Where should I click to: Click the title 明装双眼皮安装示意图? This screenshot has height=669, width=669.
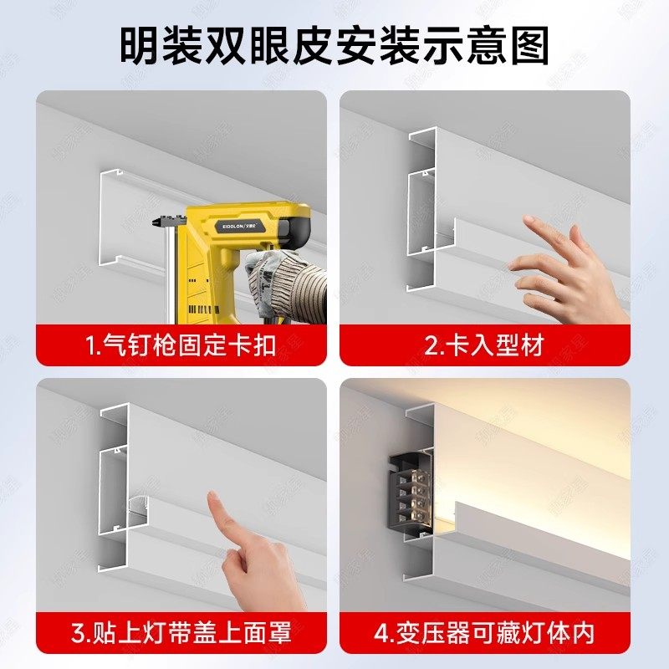(x=334, y=46)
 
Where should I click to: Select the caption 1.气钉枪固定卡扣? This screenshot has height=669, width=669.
(x=181, y=345)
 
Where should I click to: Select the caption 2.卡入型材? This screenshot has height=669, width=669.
(x=484, y=345)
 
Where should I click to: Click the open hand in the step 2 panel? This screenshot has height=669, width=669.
(x=569, y=272)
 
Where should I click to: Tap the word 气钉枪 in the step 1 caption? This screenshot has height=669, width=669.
(x=139, y=345)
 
